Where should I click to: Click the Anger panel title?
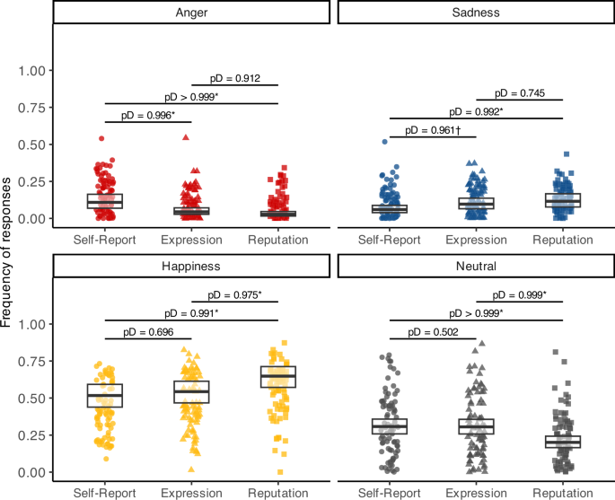[191, 13]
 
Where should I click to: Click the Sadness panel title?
[475, 13]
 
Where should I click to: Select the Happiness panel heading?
[191, 267]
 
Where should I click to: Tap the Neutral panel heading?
[475, 267]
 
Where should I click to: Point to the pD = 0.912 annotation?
[235, 77]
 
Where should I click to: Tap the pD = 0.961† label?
[433, 130]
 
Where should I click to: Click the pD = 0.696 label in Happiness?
[148, 331]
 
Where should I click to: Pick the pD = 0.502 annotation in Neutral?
[433, 331]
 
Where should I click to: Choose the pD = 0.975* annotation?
[235, 294]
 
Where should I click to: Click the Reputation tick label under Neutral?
[562, 493]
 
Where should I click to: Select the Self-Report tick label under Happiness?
[105, 493]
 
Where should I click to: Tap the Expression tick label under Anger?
[191, 240]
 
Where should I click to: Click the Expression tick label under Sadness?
[476, 240]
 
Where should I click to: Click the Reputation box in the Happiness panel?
[278, 376]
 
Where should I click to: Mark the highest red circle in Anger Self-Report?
[101, 139]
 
